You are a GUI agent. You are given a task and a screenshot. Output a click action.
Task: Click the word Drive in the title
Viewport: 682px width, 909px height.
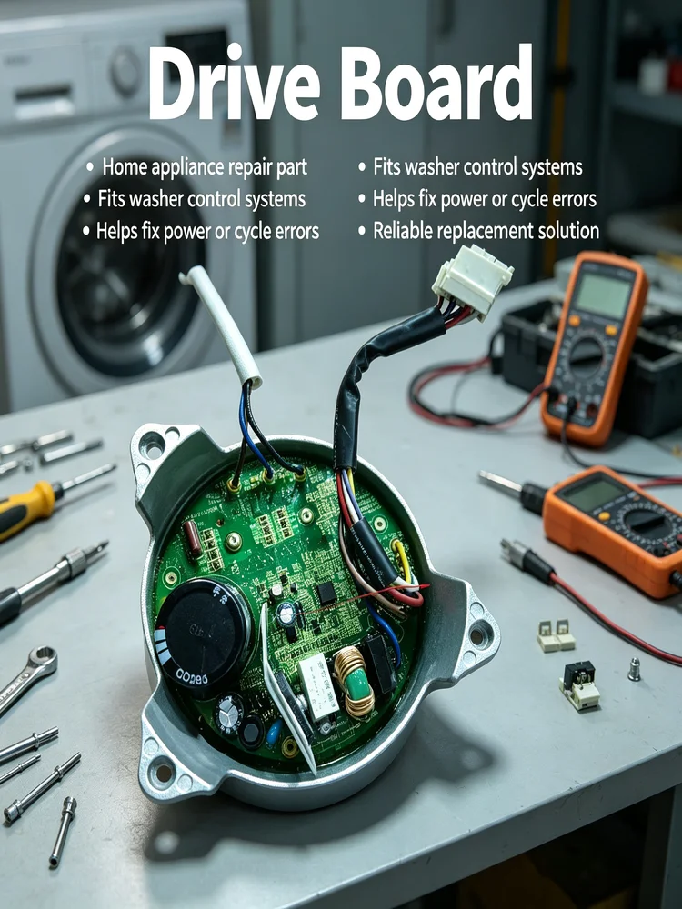pos(235,83)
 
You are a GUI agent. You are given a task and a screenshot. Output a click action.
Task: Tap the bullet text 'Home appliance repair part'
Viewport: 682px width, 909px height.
pos(205,167)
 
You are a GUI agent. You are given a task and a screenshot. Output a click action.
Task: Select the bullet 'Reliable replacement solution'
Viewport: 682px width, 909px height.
pos(486,231)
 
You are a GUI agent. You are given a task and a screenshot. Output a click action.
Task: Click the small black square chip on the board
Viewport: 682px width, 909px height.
pos(326,593)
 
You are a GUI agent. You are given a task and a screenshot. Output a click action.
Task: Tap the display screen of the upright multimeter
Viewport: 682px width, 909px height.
pos(603,295)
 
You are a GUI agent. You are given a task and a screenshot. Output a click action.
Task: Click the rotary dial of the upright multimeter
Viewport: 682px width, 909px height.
pos(587,357)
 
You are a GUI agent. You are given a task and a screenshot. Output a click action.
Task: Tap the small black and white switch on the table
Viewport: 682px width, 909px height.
pos(580,685)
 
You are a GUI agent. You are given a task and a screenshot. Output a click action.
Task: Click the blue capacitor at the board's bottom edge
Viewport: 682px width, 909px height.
pos(274,733)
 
